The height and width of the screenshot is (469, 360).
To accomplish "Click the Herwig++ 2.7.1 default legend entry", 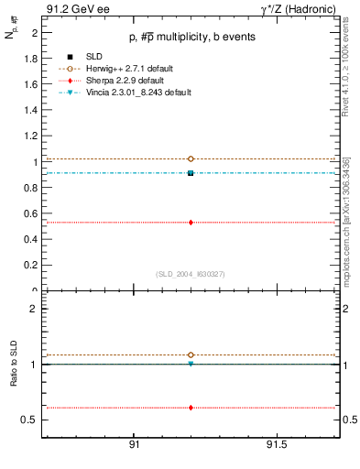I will [x=123, y=69].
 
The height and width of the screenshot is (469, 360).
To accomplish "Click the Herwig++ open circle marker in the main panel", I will [x=191, y=158].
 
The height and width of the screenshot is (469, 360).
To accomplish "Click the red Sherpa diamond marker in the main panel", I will [x=191, y=222].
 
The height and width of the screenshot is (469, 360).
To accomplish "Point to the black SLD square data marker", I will [x=191, y=172].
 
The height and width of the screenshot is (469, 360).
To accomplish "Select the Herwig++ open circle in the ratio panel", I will [x=191, y=354].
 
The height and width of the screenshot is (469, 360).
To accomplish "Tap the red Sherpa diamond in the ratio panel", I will [x=191, y=408].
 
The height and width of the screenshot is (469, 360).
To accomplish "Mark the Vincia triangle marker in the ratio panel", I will [x=191, y=364].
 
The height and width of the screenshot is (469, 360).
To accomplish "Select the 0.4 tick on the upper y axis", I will [x=32, y=240].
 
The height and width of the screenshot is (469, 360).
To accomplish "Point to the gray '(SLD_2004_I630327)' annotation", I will [x=191, y=273].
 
